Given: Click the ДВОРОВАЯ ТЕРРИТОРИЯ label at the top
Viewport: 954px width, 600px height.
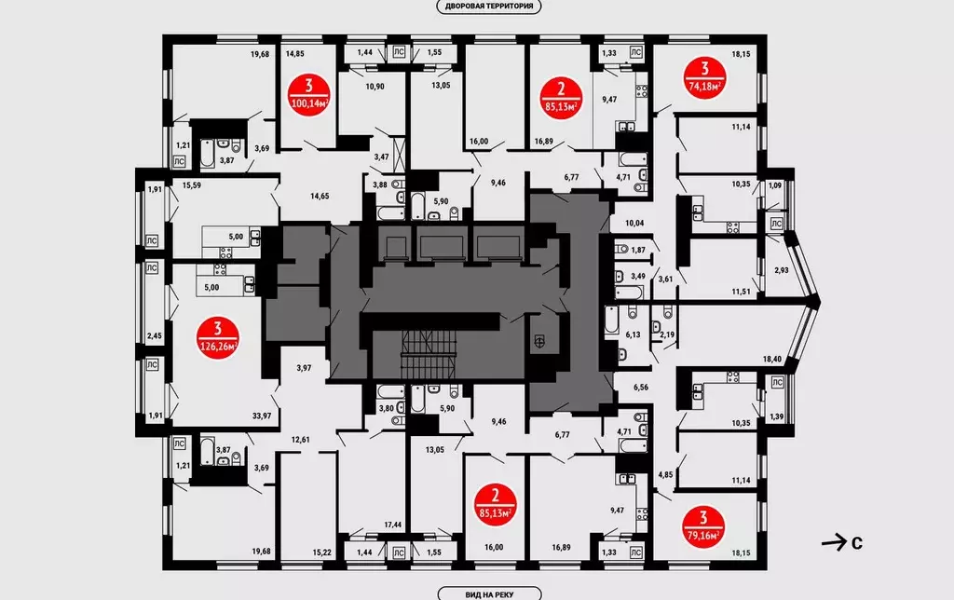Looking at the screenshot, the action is point(489,7).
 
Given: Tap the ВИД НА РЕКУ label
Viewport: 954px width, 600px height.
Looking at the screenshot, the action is point(489,593).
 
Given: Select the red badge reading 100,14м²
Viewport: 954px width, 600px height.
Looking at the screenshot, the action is point(309,94).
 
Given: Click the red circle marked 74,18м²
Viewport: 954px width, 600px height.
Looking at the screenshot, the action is point(704,77).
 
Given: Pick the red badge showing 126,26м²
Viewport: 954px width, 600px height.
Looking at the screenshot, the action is point(217,338).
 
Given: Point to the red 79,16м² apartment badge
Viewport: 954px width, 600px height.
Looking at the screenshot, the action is point(704,527).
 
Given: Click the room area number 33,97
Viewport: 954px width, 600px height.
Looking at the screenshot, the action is point(262,416).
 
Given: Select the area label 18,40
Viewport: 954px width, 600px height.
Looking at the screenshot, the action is point(771,359).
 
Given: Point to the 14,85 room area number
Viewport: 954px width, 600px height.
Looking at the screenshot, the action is point(294,53).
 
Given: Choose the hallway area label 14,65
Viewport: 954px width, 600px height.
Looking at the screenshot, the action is point(320,196).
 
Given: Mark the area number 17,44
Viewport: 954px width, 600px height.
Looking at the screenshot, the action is point(392,525).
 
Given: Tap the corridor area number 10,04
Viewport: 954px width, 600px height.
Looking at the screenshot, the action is point(634,224).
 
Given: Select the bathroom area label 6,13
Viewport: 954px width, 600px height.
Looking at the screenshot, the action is point(633,334).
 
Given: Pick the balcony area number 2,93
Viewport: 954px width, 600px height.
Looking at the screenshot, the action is point(782,270).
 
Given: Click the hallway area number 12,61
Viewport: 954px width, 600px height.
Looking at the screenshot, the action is point(301,440).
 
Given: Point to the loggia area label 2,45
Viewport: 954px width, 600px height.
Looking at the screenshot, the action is point(155,335).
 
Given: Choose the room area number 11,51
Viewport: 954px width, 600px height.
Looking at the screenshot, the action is point(741,293).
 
